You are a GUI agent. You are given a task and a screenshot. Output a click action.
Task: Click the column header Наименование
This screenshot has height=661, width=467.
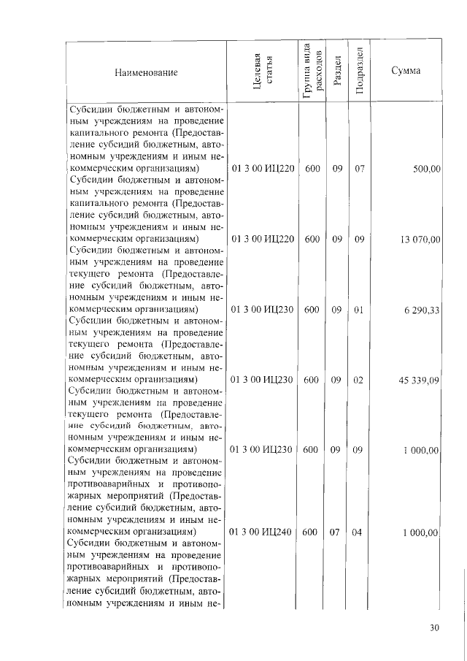tap(145, 72)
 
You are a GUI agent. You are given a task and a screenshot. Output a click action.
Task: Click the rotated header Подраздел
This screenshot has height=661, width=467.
tap(358, 72)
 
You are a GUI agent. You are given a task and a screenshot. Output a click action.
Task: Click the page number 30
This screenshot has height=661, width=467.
tap(435, 627)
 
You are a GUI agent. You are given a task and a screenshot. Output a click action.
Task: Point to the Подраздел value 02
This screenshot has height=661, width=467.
tap(358, 380)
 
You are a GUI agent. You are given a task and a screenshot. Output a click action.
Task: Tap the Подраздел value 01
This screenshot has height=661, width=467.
tap(358, 310)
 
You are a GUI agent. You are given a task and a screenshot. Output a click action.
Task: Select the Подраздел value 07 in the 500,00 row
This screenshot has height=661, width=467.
tap(358, 169)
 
